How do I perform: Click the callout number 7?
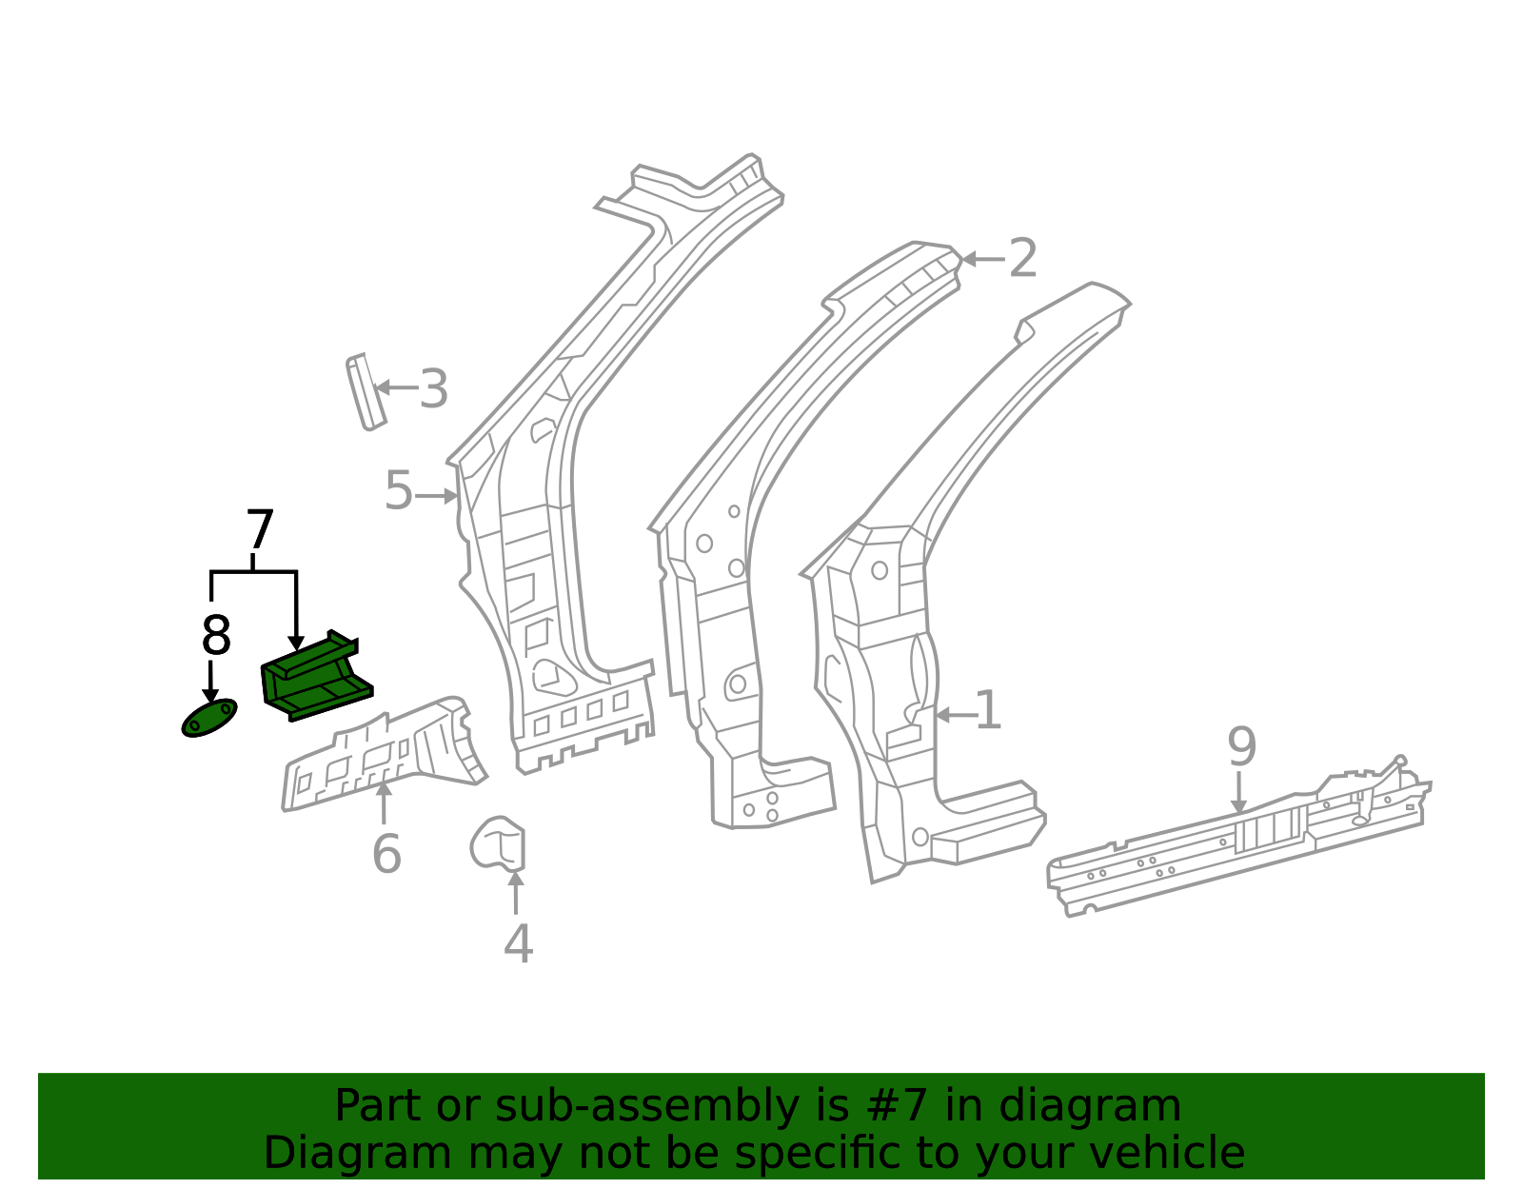tap(259, 529)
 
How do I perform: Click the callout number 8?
tap(216, 636)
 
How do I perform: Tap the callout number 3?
tap(433, 389)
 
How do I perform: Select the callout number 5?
tap(399, 490)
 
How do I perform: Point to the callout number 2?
tap(1022, 259)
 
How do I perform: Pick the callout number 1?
tap(988, 710)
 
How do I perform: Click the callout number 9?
tap(1241, 747)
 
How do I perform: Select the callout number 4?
tap(518, 943)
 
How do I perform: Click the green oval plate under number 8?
tap(209, 718)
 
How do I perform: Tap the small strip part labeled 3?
tap(366, 391)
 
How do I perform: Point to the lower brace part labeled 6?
tap(384, 755)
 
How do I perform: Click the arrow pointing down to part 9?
tap(1239, 793)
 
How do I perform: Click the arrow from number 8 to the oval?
tap(210, 681)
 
